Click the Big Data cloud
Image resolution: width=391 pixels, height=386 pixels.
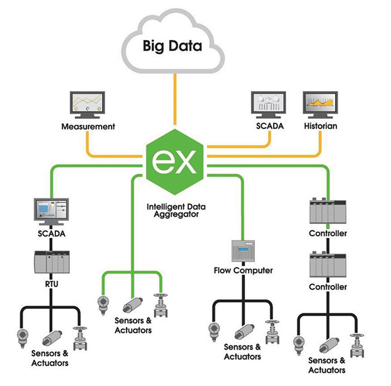pyautogui.click(x=173, y=45)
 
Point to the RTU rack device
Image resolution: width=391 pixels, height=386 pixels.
pyautogui.click(x=51, y=260)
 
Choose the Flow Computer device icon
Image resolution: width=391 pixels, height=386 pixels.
pyautogui.click(x=243, y=252)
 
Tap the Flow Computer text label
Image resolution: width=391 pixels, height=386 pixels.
pyautogui.click(x=243, y=271)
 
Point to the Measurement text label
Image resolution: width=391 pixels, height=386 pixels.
pyautogui.click(x=88, y=127)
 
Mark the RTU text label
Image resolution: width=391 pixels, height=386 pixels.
pyautogui.click(x=51, y=283)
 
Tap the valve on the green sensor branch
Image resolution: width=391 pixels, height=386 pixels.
pyautogui.click(x=161, y=302)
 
